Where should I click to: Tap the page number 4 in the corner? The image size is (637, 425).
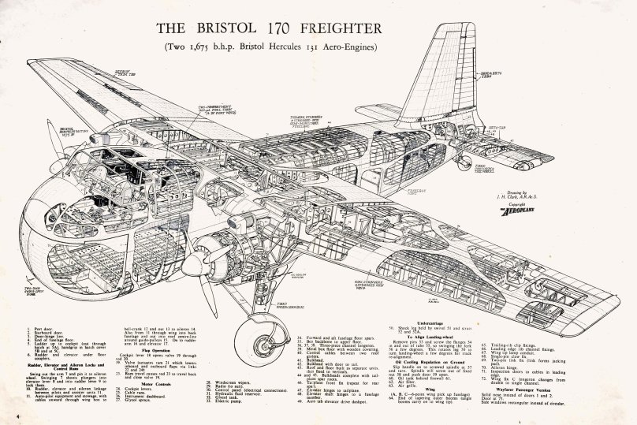[x=16, y=412]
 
